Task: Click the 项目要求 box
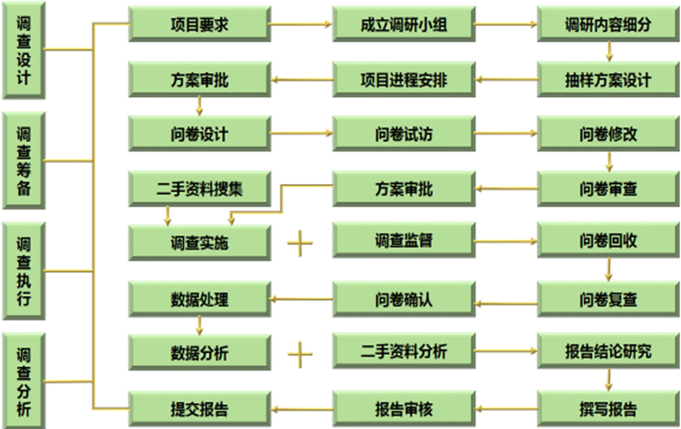(199, 25)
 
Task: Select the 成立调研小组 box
(403, 25)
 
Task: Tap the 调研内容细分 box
(608, 25)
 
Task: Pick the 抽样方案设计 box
(608, 80)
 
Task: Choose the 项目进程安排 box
(403, 80)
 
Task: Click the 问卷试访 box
(403, 135)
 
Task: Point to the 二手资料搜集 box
(199, 189)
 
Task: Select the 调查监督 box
(403, 241)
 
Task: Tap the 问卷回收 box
(608, 241)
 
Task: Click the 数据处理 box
(199, 298)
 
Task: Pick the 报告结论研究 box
(608, 351)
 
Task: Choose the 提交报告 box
(199, 409)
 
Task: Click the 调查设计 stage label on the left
(24, 51)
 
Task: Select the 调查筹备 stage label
(24, 162)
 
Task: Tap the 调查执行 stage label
(24, 270)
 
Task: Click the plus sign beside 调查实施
(300, 243)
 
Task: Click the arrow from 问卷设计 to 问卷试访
(301, 135)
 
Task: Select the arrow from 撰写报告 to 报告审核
(505, 409)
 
